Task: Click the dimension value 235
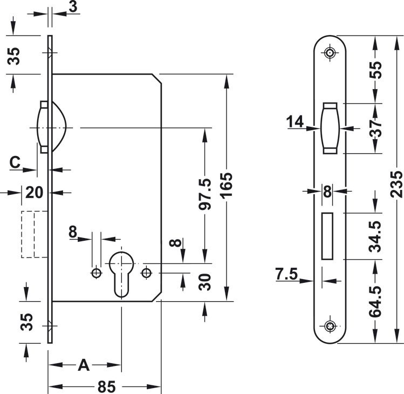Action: (x=396, y=184)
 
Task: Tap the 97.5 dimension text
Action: (x=205, y=194)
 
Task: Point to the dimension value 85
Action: (x=107, y=386)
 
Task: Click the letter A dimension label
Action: (x=84, y=365)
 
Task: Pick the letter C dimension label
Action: (x=15, y=162)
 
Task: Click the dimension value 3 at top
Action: (x=73, y=6)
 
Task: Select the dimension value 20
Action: (x=35, y=193)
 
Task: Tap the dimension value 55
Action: (x=375, y=70)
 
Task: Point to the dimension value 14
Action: (x=295, y=121)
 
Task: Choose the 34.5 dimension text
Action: (x=375, y=236)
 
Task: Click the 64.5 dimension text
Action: (x=375, y=301)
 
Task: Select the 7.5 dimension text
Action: (x=286, y=274)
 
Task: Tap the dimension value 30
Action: (x=205, y=282)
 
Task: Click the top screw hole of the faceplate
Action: (x=330, y=53)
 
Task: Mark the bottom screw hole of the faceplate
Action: (x=330, y=326)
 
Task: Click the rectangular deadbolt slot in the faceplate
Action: (x=327, y=236)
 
